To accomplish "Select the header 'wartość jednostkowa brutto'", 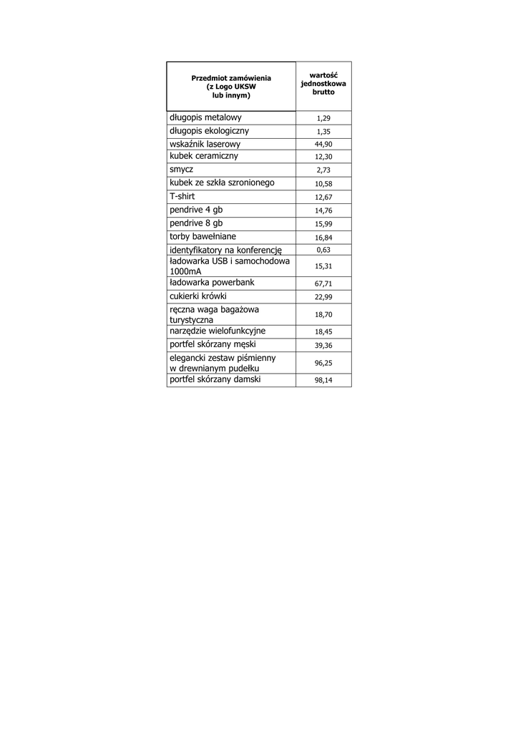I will point(323,83).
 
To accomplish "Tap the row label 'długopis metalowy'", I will point(205,117).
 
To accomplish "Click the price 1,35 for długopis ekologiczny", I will point(323,132).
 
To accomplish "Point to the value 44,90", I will point(323,145).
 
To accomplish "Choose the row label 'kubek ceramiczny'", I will point(204,156).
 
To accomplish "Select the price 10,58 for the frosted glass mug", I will point(323,184).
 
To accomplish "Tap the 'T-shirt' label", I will point(182,196).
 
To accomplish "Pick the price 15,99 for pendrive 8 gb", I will point(323,224).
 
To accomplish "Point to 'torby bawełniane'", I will point(202,236).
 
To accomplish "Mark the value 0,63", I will point(323,250).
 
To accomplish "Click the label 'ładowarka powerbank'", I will point(212,283).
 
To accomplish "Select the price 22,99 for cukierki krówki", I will point(323,297).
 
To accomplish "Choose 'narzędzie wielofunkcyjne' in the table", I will point(218,331).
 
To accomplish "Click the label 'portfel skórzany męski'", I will point(212,344).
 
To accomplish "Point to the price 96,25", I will point(323,363).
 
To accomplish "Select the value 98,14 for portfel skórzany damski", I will point(323,381).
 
